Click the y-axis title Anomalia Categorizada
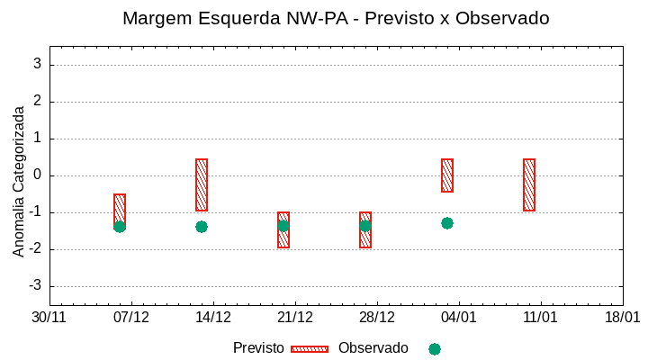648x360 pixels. point(19,181)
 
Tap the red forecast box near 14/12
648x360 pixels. point(202,184)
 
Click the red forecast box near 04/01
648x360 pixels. point(447,175)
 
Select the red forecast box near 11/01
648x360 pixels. point(529,184)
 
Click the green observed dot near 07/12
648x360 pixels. point(120,227)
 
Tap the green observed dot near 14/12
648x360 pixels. point(202,227)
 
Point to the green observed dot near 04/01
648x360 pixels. point(447,223)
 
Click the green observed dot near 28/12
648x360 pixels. point(365,226)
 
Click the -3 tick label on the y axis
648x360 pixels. point(35,286)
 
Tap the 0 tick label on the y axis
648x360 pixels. point(38,175)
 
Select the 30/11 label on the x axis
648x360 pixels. point(49,318)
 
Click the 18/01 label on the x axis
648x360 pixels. point(622,318)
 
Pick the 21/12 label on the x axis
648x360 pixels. point(294,318)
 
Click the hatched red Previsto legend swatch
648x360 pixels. point(310,349)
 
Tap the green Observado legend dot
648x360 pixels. point(435,349)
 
